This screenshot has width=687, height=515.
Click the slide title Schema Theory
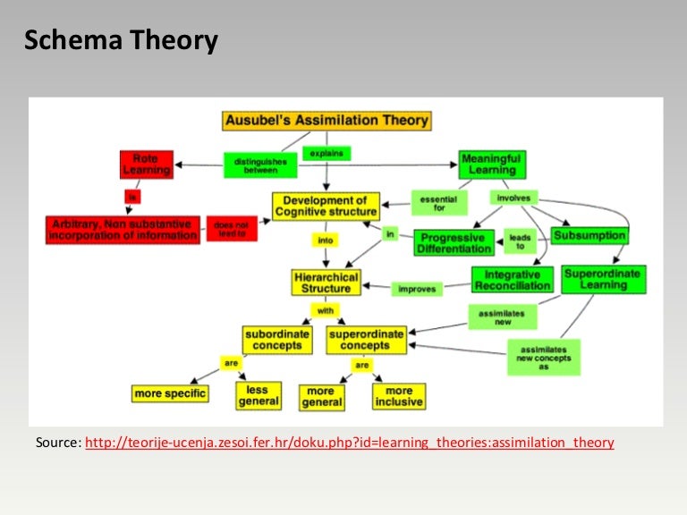(121, 41)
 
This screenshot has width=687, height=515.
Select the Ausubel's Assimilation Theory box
(327, 120)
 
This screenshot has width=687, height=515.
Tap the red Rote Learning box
(146, 165)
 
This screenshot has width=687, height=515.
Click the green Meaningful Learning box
(492, 165)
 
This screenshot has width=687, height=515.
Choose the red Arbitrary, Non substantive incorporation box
(123, 229)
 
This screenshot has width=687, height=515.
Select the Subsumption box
(589, 236)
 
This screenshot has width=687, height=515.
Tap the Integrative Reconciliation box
(512, 280)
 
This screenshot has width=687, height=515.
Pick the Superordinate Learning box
(604, 279)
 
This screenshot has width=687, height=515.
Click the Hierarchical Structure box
(327, 283)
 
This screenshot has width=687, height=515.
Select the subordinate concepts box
(277, 340)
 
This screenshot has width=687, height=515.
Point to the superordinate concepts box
(365, 340)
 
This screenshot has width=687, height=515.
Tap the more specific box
(170, 393)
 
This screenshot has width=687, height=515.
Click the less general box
(259, 395)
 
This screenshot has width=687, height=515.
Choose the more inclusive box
(399, 396)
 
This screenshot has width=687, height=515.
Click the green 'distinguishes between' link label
(260, 165)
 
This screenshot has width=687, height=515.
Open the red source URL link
(350, 443)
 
